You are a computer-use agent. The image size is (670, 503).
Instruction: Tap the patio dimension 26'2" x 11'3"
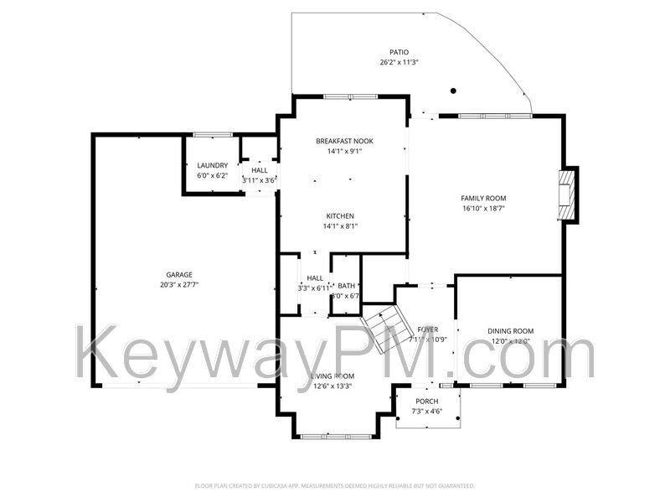click(399, 62)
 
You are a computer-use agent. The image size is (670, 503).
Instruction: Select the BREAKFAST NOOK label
click(344, 141)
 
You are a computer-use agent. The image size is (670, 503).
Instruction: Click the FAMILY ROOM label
click(483, 199)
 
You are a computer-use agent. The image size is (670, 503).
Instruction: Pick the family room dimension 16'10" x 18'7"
click(483, 209)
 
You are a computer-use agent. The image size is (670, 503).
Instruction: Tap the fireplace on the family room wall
click(569, 194)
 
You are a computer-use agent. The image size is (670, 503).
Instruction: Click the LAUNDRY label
click(212, 166)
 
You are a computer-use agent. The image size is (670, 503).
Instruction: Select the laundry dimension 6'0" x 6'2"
click(212, 176)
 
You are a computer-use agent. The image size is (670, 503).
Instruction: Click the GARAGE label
click(179, 275)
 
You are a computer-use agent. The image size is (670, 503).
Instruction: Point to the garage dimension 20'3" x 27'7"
click(179, 285)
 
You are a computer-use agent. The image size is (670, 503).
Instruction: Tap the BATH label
click(346, 286)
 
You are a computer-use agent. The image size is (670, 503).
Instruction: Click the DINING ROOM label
click(510, 331)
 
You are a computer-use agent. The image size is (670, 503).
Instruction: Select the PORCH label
click(427, 402)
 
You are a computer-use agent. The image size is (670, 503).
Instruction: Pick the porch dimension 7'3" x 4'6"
click(427, 412)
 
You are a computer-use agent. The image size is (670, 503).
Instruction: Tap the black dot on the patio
click(453, 91)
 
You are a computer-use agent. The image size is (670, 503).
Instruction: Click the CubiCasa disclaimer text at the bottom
click(335, 485)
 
